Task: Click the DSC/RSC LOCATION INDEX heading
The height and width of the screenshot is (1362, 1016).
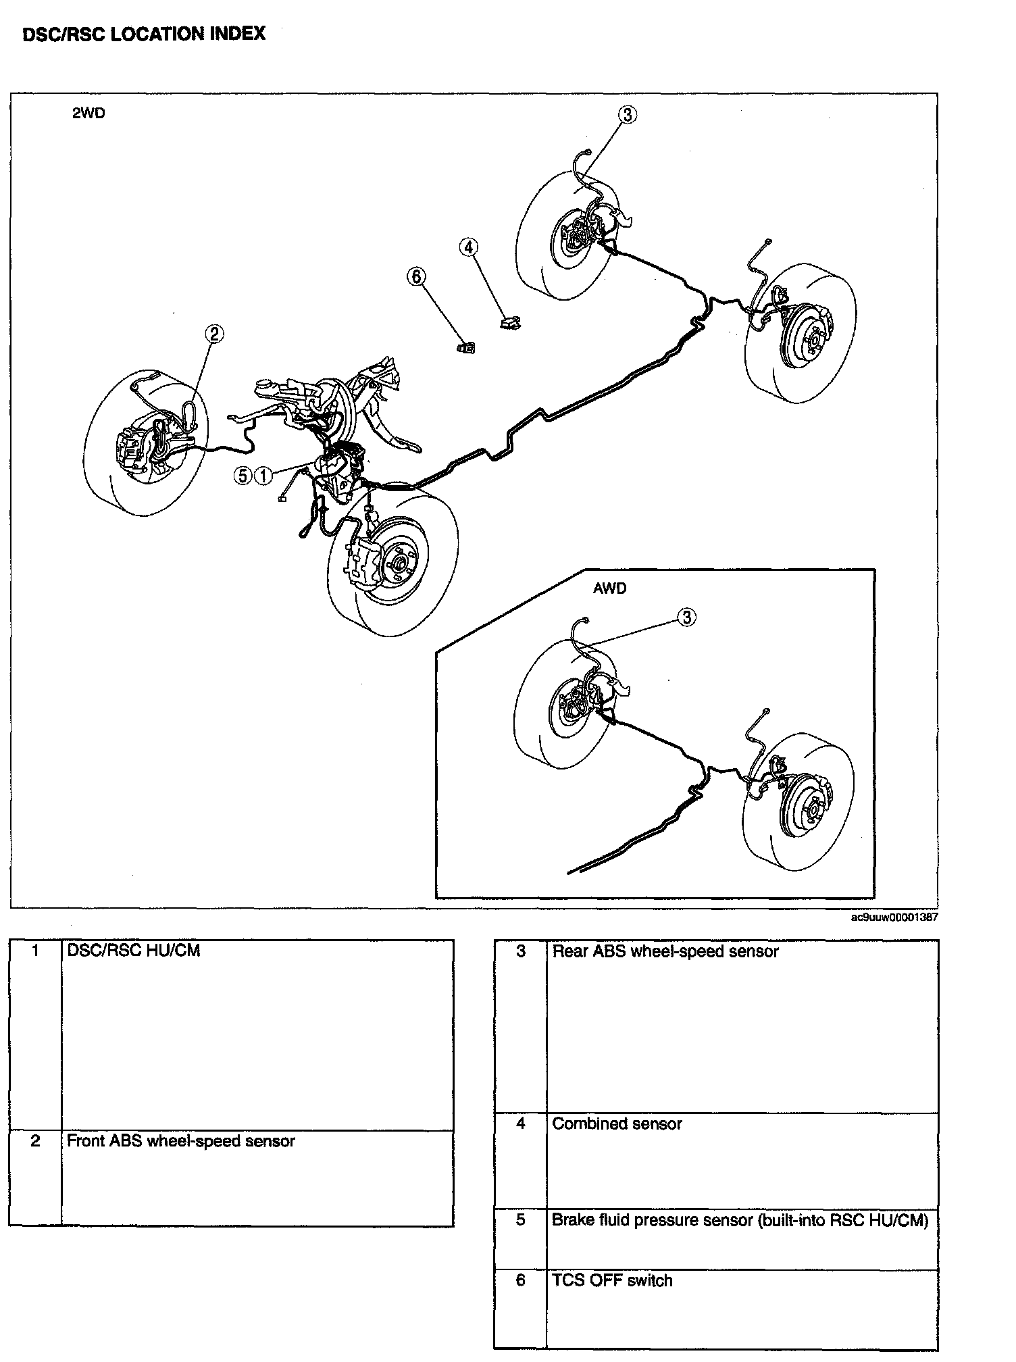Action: [144, 34]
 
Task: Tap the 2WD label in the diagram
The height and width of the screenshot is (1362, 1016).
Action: [88, 113]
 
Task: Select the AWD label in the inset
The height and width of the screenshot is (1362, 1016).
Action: [609, 588]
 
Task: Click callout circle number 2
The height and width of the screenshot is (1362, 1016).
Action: [214, 334]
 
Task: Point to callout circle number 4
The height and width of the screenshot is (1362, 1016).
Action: [468, 247]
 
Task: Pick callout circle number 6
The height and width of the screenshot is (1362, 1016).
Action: [416, 276]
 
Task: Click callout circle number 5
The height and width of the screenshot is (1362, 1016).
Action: [243, 476]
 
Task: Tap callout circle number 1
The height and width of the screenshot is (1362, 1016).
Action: [263, 476]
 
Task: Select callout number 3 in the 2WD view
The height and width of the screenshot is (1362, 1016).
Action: [628, 115]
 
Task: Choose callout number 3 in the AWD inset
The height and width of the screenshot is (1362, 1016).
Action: [686, 617]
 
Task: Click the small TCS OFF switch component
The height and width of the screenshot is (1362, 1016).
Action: [465, 347]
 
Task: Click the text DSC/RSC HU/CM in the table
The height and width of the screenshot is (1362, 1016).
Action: [133, 951]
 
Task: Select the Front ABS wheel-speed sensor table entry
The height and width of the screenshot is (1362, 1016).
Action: [181, 1141]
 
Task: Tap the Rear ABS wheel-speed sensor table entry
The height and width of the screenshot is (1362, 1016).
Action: [665, 952]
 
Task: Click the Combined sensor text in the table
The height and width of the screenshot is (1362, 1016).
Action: [617, 1124]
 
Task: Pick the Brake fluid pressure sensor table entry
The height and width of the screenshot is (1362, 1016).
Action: [740, 1220]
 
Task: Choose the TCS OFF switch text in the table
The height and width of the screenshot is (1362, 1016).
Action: [612, 1281]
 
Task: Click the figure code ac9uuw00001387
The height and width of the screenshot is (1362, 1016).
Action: [894, 917]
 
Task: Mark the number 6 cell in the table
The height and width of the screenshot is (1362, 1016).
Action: [520, 1281]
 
